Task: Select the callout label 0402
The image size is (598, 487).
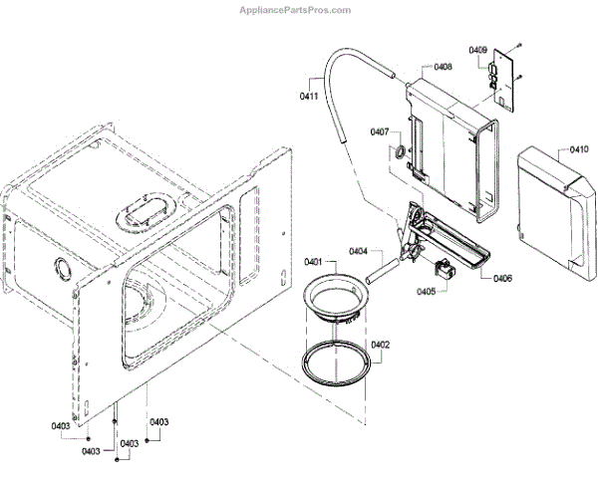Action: (381, 345)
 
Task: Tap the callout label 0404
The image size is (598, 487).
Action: (359, 251)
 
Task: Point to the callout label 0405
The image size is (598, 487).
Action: (426, 292)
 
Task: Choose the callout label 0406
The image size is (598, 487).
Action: (502, 278)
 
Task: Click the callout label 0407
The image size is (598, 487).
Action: (379, 131)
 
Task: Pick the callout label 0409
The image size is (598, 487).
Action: (478, 49)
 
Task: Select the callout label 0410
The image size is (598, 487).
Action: (579, 149)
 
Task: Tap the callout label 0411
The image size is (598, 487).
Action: (309, 96)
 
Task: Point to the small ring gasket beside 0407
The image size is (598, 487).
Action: (398, 152)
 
